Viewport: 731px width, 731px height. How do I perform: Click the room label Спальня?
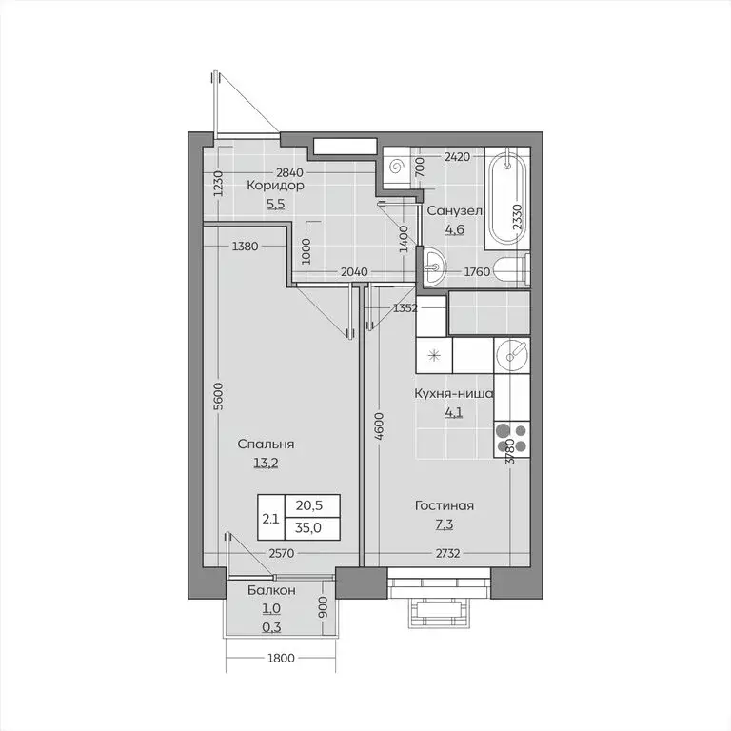[266, 445]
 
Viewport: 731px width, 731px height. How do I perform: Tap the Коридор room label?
[275, 187]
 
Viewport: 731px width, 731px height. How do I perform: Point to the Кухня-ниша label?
[453, 394]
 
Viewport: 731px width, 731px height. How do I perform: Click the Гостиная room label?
[444, 505]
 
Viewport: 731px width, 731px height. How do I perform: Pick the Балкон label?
[271, 590]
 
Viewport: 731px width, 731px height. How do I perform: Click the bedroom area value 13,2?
[266, 464]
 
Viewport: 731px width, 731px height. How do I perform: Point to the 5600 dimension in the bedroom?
[218, 395]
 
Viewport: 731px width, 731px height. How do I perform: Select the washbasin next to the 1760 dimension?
[435, 267]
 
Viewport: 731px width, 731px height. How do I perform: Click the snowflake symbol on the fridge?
[434, 356]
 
